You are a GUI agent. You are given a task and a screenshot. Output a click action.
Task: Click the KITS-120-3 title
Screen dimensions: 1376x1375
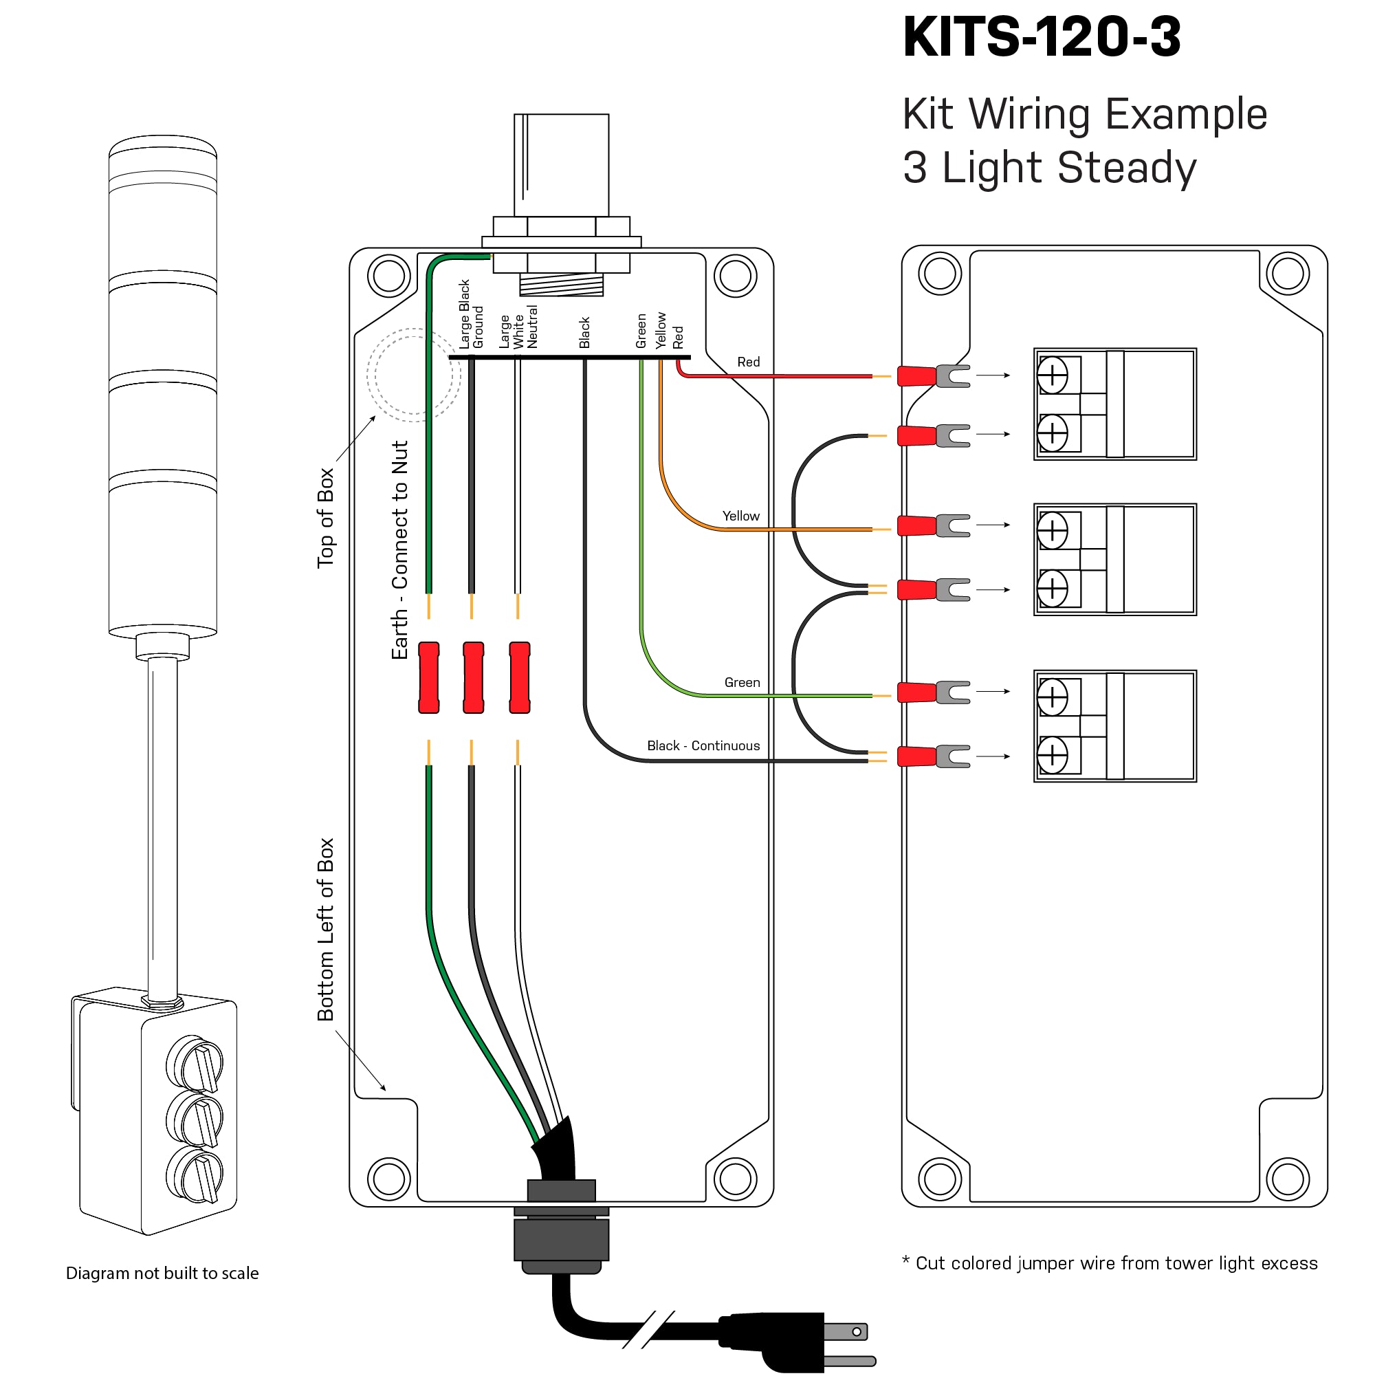pyautogui.click(x=1041, y=37)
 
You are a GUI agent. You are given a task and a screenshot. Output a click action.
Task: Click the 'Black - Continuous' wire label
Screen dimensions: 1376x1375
pyautogui.click(x=703, y=745)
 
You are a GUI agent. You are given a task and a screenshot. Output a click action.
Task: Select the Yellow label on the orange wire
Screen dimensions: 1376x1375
pyautogui.click(x=740, y=516)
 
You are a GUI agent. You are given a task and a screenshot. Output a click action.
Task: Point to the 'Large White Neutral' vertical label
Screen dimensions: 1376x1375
pyautogui.click(x=518, y=327)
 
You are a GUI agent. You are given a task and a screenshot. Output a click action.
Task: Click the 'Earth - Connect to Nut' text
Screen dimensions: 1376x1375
pyautogui.click(x=400, y=549)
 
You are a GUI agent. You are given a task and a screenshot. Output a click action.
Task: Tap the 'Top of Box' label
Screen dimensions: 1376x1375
pyautogui.click(x=325, y=518)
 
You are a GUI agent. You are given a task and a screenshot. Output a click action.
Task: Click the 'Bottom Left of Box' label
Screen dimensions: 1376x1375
pyautogui.click(x=325, y=930)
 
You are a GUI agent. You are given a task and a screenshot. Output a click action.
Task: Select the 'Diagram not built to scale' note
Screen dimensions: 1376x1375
pyautogui.click(x=162, y=1273)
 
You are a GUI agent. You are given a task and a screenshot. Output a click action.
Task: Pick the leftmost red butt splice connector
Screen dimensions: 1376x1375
pyautogui.click(x=429, y=677)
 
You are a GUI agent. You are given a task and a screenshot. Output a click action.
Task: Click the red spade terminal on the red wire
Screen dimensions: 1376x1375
pyautogui.click(x=916, y=376)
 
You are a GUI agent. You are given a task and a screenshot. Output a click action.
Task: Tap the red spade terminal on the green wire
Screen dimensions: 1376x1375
pyautogui.click(x=916, y=692)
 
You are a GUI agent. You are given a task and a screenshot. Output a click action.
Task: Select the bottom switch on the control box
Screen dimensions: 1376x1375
pyautogui.click(x=196, y=1175)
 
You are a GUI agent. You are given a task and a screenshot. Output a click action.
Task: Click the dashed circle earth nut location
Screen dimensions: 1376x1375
pyautogui.click(x=414, y=375)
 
